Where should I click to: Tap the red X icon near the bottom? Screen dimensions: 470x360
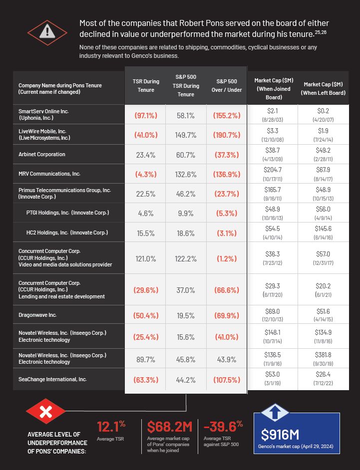[x=46, y=412]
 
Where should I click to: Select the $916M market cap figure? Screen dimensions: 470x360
[x=282, y=434]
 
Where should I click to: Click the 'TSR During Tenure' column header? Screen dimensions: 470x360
[x=146, y=85]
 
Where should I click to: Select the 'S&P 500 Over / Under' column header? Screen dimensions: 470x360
[x=226, y=85]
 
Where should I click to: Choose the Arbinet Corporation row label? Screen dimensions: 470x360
[x=41, y=155]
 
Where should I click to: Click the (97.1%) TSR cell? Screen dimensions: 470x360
[x=146, y=115]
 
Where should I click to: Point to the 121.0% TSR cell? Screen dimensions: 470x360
[x=146, y=259]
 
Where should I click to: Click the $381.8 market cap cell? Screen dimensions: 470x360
[x=323, y=355]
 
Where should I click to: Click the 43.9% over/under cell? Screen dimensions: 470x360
[x=226, y=359]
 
